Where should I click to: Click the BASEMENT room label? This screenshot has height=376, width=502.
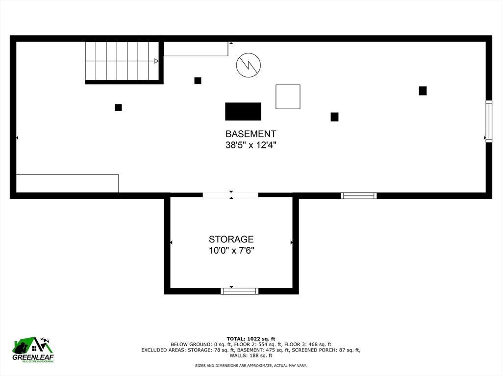point(251,134)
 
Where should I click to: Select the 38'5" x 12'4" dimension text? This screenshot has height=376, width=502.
point(251,145)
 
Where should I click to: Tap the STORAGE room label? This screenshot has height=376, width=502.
point(231,239)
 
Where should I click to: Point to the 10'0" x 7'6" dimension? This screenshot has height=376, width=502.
point(231,251)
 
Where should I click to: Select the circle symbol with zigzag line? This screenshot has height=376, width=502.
point(249,65)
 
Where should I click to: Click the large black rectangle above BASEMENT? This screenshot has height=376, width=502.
point(243,112)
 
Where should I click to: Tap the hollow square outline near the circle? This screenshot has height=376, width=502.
point(288,96)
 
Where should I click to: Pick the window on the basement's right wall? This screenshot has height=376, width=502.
point(489,121)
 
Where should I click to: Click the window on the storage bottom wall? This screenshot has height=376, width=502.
point(240,291)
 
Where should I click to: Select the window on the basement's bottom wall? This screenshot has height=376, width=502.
point(359,196)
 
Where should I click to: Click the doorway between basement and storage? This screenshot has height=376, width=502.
point(230,195)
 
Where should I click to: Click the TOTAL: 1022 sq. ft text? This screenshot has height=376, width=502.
point(251,339)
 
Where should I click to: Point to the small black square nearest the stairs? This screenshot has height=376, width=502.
point(198,81)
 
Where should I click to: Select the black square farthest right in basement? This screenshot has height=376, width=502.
point(423,91)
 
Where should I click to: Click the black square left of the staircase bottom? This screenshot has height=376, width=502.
point(118,108)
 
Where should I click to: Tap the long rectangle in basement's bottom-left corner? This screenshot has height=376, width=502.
point(67,184)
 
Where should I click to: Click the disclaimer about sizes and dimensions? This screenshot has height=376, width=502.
point(251,366)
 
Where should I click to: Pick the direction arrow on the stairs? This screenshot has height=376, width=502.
point(156,61)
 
